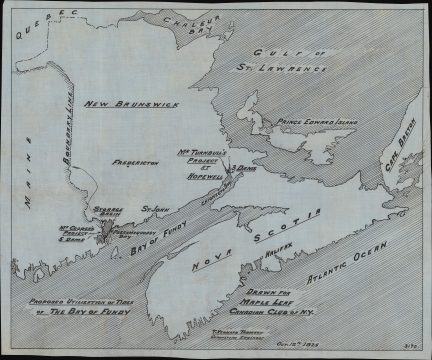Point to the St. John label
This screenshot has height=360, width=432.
point(151,209)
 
